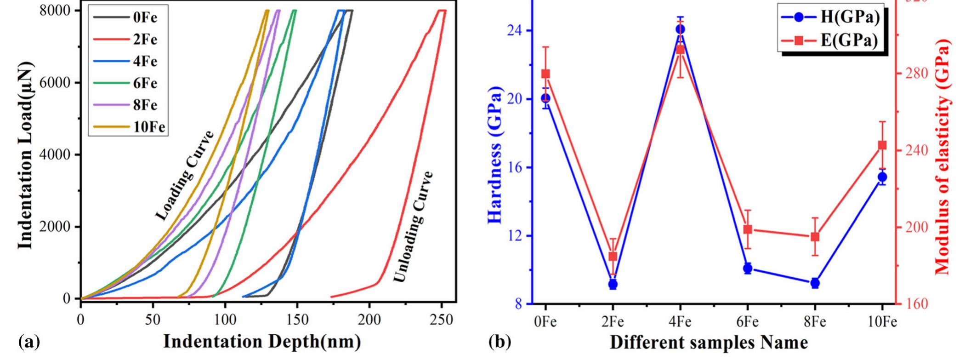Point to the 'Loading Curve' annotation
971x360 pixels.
[184, 176]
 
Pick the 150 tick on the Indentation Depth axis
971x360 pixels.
[297, 320]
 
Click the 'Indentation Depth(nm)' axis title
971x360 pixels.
[262, 342]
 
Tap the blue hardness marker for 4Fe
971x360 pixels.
[680, 29]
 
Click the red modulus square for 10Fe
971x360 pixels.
[882, 158]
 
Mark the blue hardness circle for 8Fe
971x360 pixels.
[815, 283]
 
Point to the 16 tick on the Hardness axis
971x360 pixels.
[515, 167]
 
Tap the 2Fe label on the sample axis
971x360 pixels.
[613, 322]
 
